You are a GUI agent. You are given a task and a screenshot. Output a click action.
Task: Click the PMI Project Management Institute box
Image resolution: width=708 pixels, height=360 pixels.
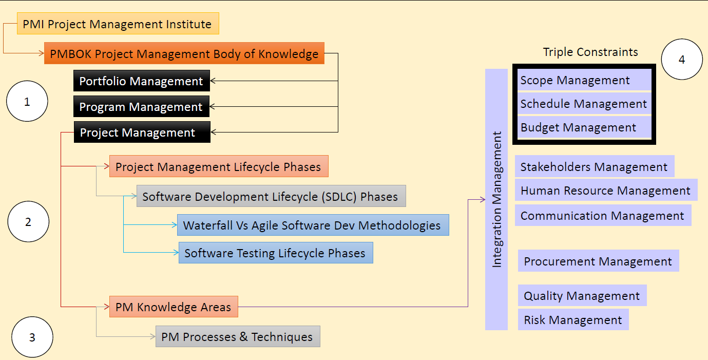[x=118, y=24]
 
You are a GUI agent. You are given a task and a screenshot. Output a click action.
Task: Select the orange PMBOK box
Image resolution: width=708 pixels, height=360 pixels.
[x=184, y=53]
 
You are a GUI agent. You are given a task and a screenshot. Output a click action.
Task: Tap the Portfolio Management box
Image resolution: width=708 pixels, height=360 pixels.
[x=141, y=81]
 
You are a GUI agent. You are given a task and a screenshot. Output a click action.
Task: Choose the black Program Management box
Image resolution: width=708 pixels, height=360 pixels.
[x=141, y=107]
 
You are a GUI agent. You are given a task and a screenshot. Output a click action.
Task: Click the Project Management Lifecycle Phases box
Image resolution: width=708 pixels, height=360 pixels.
[x=218, y=166]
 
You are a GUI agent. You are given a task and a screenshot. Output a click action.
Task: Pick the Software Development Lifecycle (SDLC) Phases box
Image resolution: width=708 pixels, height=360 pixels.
[x=271, y=196]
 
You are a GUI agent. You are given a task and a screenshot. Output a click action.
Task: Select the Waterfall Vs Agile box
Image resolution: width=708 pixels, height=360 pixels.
[x=312, y=225]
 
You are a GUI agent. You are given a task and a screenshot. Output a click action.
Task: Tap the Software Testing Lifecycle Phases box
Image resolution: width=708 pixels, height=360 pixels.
[x=275, y=253]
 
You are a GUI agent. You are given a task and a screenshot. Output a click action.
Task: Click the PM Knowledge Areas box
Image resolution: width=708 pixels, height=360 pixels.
[x=174, y=307]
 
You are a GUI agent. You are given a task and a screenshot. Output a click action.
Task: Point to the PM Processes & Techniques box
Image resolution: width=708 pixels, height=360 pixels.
[x=237, y=336]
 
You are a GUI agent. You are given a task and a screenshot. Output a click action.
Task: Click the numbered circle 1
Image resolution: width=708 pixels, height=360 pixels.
[x=27, y=102]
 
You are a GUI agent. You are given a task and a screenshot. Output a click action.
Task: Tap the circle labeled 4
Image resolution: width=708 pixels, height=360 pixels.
[x=682, y=60]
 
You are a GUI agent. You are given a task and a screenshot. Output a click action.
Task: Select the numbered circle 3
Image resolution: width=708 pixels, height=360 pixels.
[x=32, y=337]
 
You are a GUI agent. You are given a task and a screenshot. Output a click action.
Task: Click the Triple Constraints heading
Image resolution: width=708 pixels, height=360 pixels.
[x=590, y=52]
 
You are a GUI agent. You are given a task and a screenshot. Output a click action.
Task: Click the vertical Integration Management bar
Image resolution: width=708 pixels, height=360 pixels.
[x=496, y=199]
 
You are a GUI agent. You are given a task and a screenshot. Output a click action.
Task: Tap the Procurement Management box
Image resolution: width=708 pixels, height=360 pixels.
[x=598, y=261]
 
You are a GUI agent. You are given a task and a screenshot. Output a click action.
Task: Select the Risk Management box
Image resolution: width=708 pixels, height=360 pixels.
[x=573, y=319]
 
